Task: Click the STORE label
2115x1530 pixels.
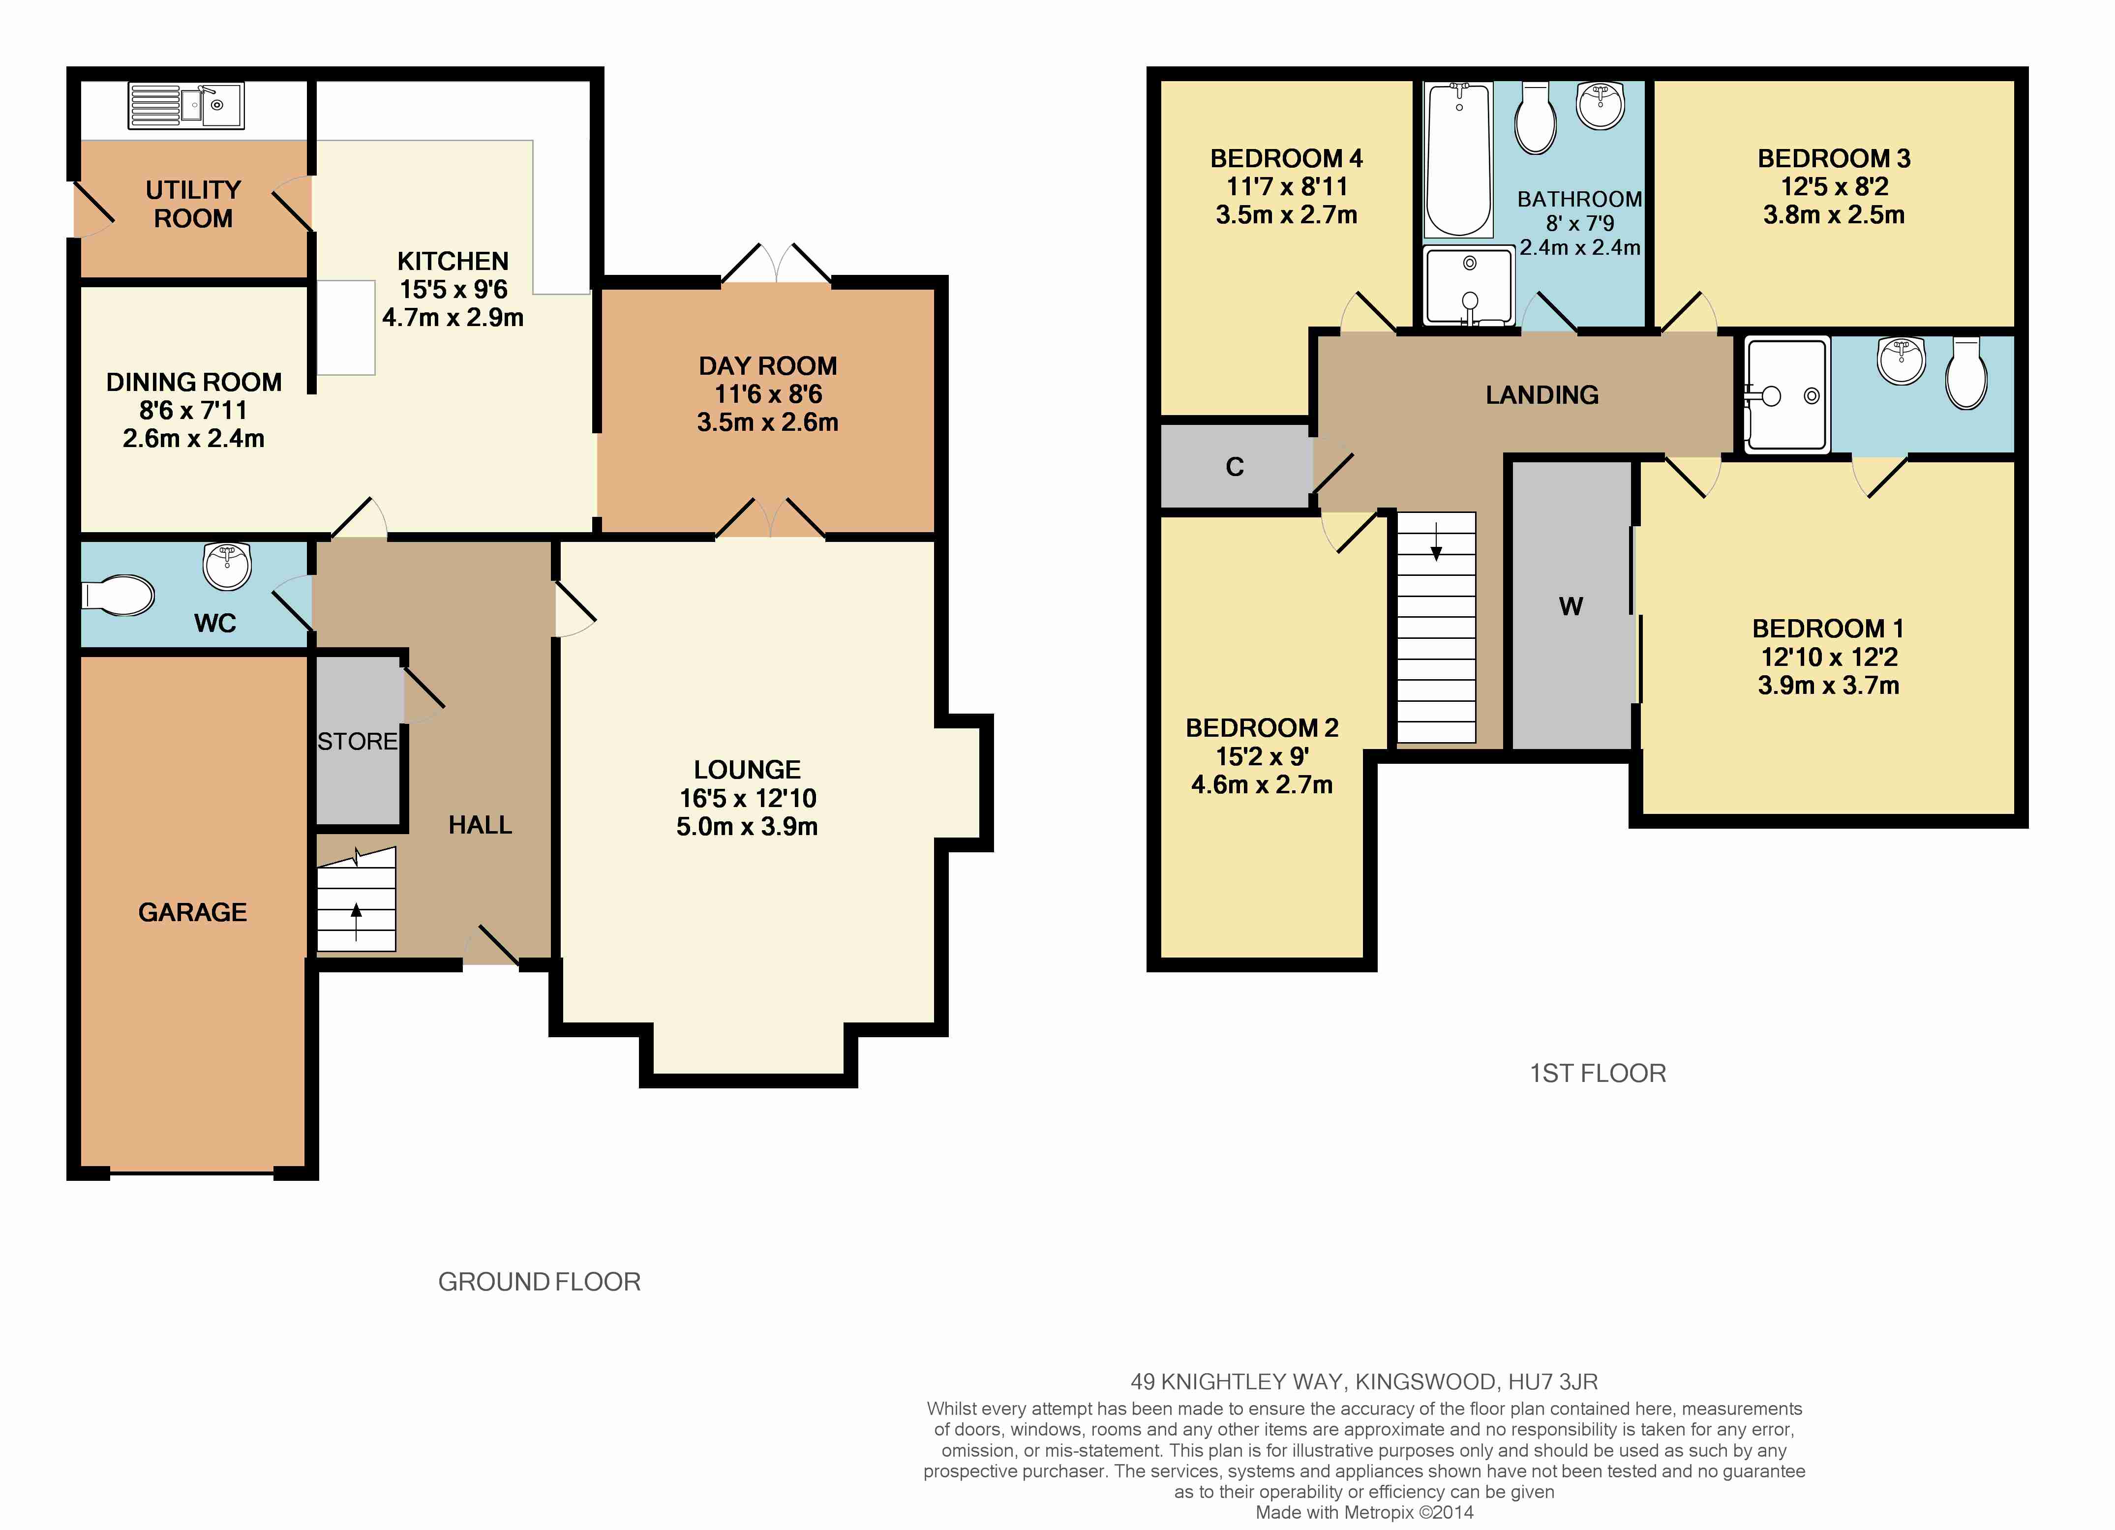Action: click(357, 741)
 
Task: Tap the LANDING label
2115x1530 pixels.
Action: click(1541, 395)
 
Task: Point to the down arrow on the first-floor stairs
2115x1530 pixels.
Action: click(1436, 542)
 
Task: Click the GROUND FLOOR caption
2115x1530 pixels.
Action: click(539, 1282)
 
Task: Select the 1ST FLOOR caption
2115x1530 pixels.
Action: click(1598, 1073)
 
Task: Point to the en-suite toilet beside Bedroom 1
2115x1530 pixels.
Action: click(1967, 373)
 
